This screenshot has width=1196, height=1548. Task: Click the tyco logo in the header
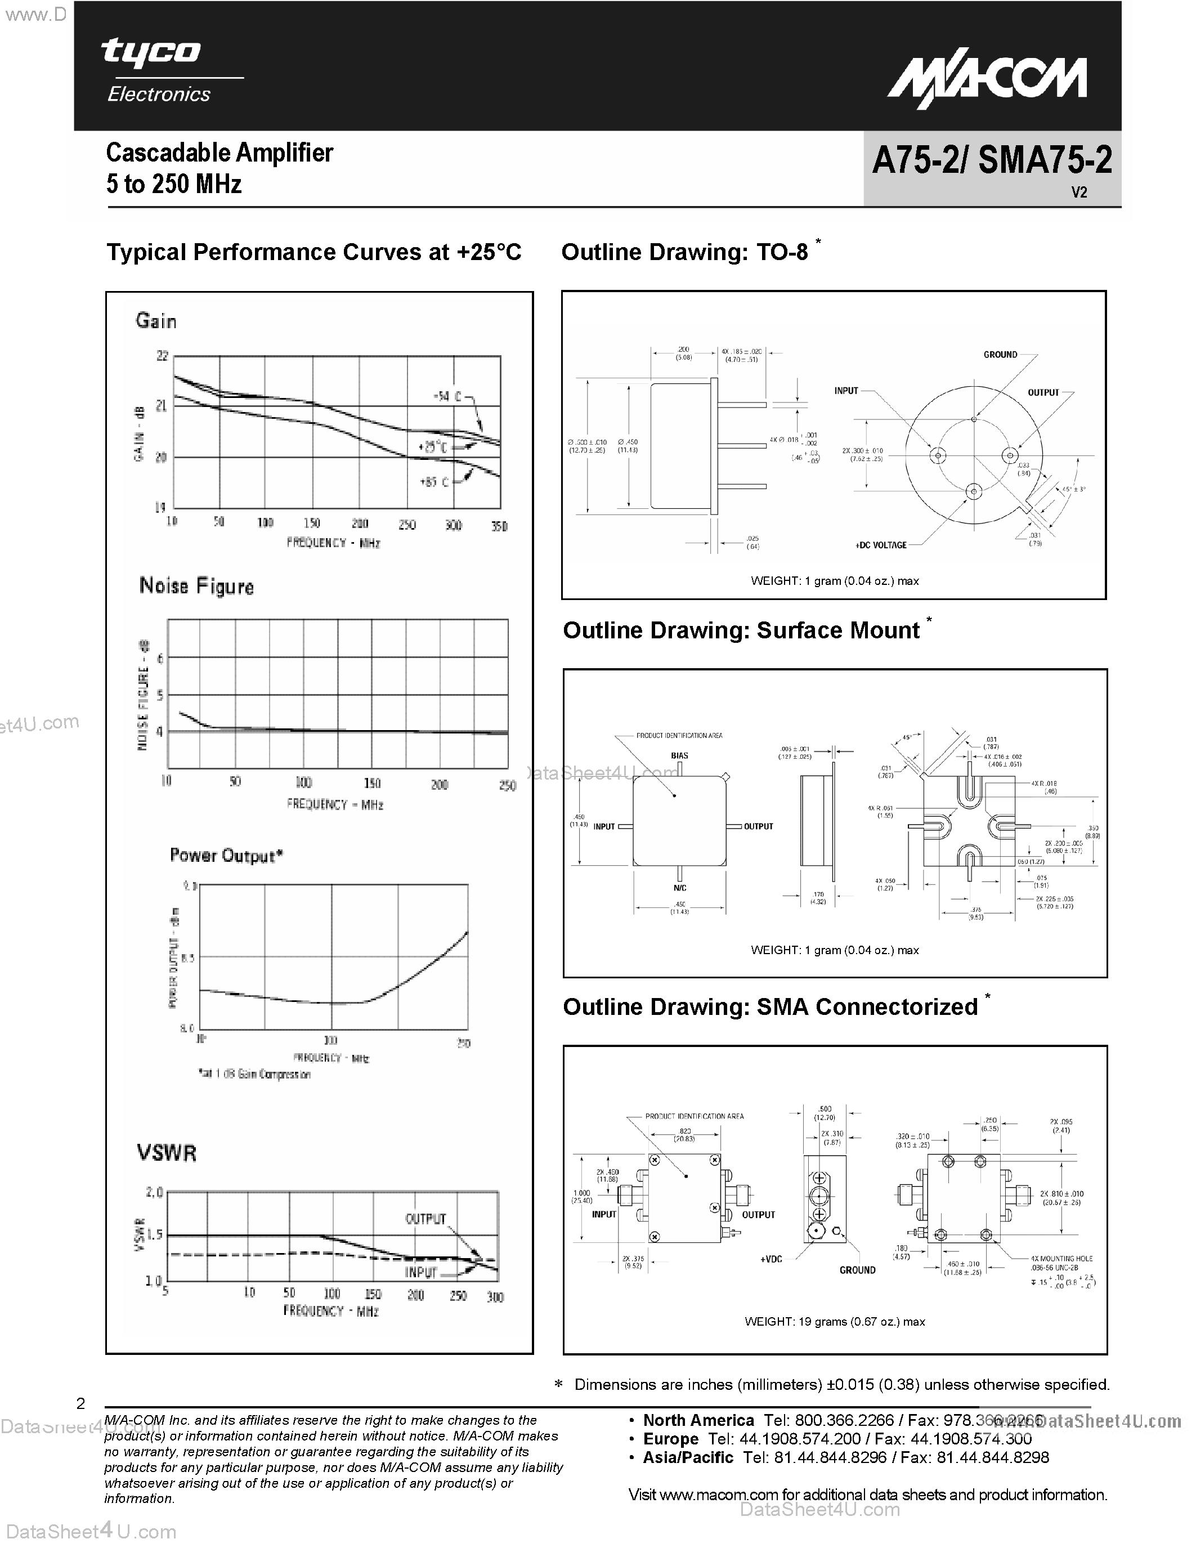pos(151,52)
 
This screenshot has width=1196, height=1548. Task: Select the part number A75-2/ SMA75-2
pos(991,161)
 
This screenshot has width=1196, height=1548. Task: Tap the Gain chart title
pos(156,321)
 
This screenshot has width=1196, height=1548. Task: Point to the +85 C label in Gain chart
pos(433,482)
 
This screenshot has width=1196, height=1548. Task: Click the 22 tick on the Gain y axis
pos(162,356)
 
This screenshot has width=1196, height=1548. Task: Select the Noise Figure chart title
pos(196,586)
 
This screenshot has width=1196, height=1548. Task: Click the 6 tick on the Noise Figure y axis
pos(160,659)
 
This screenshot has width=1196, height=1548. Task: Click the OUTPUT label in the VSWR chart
pos(425,1218)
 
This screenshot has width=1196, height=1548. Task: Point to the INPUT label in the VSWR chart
pos(421,1272)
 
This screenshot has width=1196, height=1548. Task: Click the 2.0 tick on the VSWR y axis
pos(154,1192)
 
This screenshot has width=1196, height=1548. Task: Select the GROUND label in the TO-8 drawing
pos(1000,355)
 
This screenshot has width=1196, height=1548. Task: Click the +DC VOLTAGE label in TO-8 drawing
pos(881,545)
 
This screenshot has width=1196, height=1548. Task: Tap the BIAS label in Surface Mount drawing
pos(679,755)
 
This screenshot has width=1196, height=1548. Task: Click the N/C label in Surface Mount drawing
pos(679,888)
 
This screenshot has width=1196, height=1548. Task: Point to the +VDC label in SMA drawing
pos(771,1259)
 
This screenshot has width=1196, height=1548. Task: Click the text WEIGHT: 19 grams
pos(834,1321)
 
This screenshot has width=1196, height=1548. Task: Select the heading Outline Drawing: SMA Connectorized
pos(770,1007)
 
